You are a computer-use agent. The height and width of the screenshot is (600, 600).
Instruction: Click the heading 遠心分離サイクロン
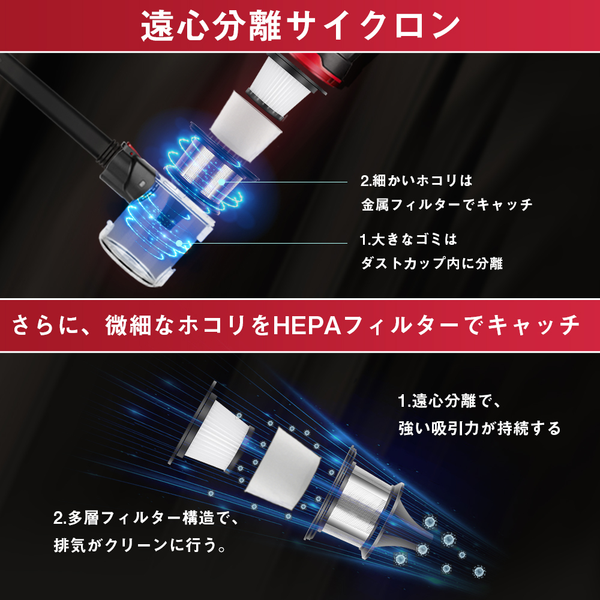point(300,26)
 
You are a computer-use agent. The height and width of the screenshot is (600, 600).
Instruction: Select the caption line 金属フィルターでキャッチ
point(447,205)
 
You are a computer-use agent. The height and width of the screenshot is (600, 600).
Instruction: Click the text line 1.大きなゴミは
point(409,240)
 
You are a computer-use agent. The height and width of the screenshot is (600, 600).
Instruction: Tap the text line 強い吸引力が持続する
point(479,428)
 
